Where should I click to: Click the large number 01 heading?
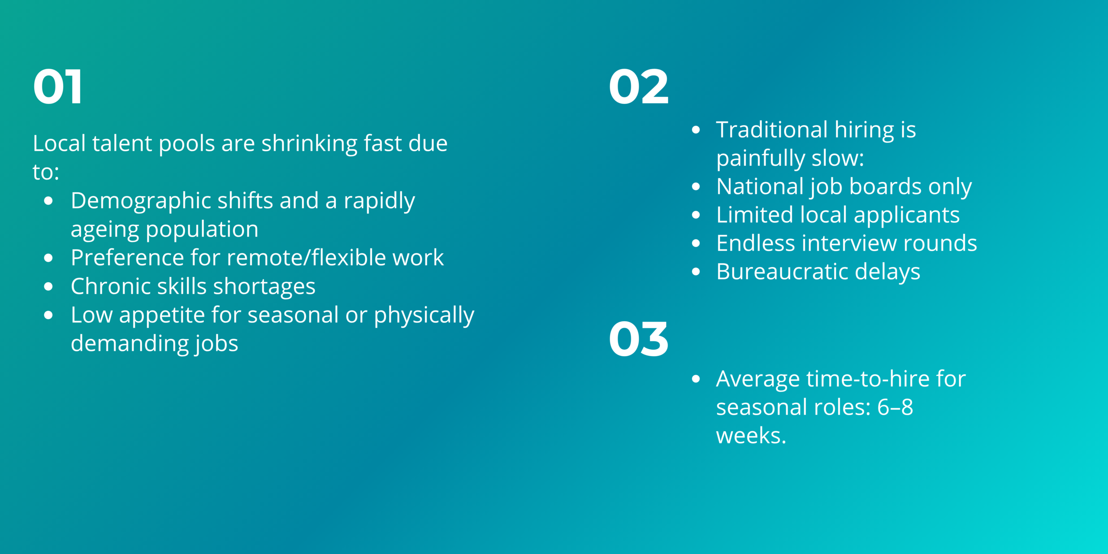tap(58, 87)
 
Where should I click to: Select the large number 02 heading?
tap(638, 87)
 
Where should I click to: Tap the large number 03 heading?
tap(638, 339)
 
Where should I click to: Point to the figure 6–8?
tap(895, 407)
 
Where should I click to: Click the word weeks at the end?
tap(750, 436)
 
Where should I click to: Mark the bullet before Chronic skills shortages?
tap(48, 287)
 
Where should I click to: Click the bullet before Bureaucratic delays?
tap(696, 272)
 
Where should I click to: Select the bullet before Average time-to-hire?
tap(696, 379)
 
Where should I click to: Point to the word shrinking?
tap(309, 144)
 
